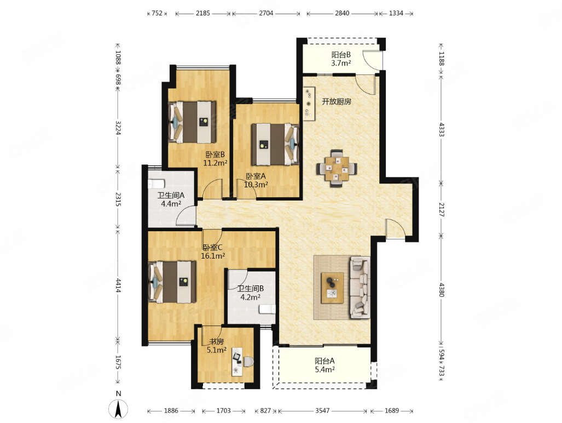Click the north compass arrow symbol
[x=118, y=409]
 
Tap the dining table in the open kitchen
[x=337, y=168]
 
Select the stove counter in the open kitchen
[x=309, y=104]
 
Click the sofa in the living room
[x=360, y=287]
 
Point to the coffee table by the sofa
[x=332, y=288]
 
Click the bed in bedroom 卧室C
[x=172, y=282]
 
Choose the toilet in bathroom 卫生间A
[x=157, y=184]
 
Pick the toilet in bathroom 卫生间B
[x=268, y=309]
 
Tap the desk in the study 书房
[x=237, y=361]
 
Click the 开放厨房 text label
[x=336, y=101]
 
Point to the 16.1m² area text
[x=213, y=256]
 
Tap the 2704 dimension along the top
[x=266, y=13]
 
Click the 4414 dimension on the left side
[x=118, y=285]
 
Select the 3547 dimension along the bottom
[x=322, y=410]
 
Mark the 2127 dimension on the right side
[x=441, y=209]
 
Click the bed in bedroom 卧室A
[x=275, y=144]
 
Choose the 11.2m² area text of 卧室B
[x=215, y=163]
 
